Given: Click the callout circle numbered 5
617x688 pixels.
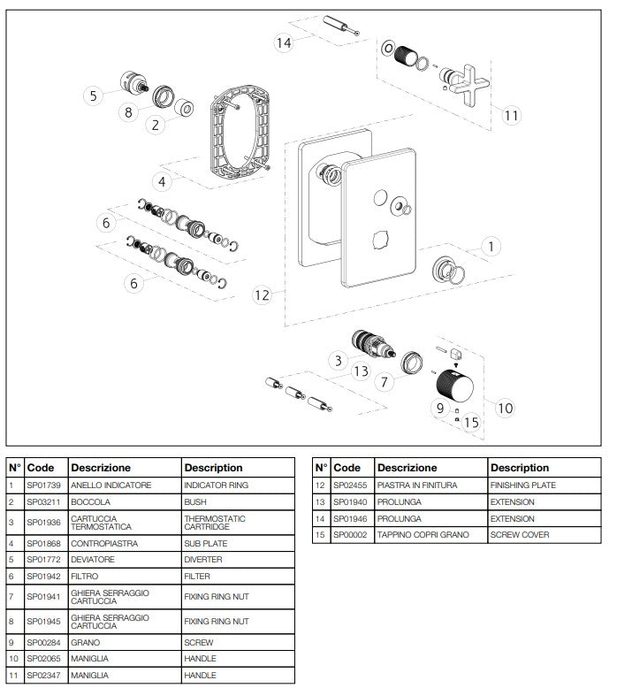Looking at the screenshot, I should pyautogui.click(x=93, y=95).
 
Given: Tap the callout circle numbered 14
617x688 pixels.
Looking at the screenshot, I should pyautogui.click(x=283, y=42).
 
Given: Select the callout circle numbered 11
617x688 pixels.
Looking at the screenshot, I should pyautogui.click(x=512, y=114).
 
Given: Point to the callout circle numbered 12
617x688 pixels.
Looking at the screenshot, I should pyautogui.click(x=262, y=294).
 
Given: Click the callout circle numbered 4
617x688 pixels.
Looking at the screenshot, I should pyautogui.click(x=162, y=182).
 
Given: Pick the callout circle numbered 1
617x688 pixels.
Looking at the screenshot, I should pyautogui.click(x=492, y=247).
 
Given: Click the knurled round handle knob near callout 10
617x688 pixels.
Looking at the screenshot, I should pyautogui.click(x=457, y=385).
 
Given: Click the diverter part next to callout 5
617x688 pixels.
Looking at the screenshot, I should pyautogui.click(x=132, y=86).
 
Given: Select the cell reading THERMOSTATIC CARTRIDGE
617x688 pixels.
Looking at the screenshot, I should pyautogui.click(x=215, y=523).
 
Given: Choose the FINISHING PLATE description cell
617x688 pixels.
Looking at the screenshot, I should pyautogui.click(x=523, y=485).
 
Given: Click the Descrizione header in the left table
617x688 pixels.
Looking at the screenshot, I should pyautogui.click(x=101, y=468).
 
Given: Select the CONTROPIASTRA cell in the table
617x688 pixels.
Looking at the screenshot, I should pyautogui.click(x=104, y=543).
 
